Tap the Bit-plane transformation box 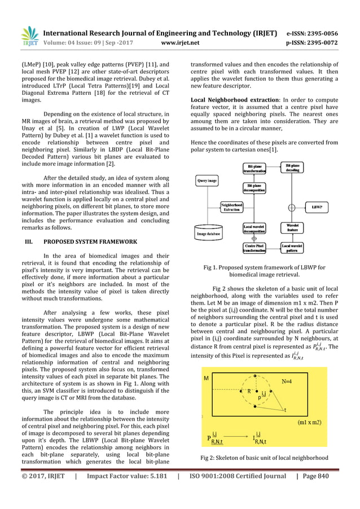(x=254, y=169)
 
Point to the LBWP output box (x=318, y=208)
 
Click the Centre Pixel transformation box (x=254, y=249)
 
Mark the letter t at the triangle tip (x=286, y=411)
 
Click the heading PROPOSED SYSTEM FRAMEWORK (x=89, y=242)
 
